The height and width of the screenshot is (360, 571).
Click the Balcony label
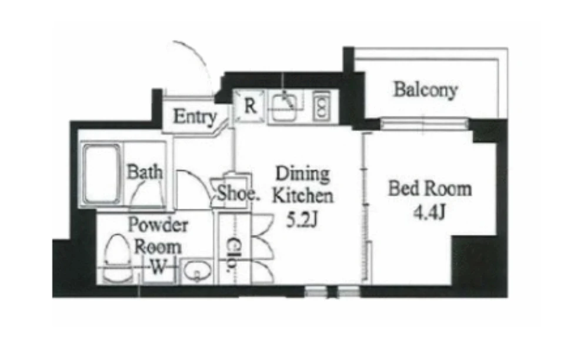pyautogui.click(x=425, y=89)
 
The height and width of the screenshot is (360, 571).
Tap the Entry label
pyautogui.click(x=195, y=116)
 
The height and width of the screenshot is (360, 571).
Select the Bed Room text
pyautogui.click(x=430, y=188)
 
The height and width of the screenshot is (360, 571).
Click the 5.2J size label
pyautogui.click(x=302, y=219)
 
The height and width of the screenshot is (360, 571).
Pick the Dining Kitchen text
pyautogui.click(x=303, y=184)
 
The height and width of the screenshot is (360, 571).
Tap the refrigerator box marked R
pyautogui.click(x=250, y=106)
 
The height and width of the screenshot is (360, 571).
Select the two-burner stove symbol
pyautogui.click(x=321, y=106)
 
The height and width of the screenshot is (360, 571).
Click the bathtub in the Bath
pyautogui.click(x=102, y=174)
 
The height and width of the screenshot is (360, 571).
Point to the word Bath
pyautogui.click(x=145, y=172)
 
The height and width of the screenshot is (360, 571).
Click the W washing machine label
pyautogui.click(x=158, y=266)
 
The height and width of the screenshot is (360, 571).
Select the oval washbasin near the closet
pyautogui.click(x=197, y=271)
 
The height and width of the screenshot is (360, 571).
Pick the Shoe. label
pyautogui.click(x=239, y=193)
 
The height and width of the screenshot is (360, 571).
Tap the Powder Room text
pyautogui.click(x=158, y=236)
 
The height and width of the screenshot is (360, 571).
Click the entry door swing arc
pyautogui.click(x=196, y=61)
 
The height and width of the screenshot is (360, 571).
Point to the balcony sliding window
pyautogui.click(x=424, y=124)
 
